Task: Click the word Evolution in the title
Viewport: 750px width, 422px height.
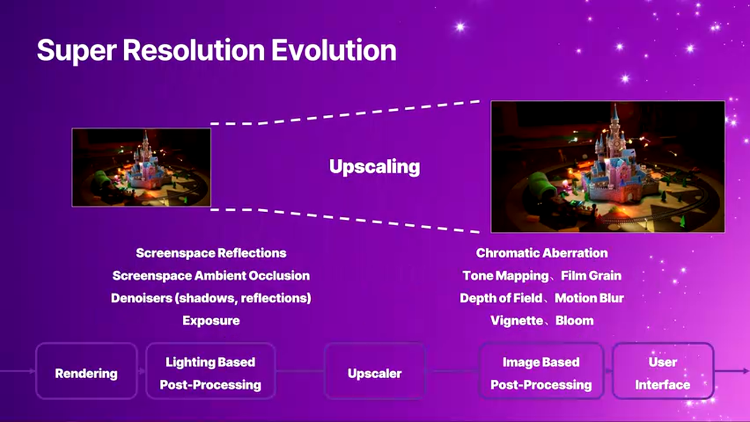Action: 334,50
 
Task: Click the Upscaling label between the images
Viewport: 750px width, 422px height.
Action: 374,167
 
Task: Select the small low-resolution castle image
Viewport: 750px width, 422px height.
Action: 141,168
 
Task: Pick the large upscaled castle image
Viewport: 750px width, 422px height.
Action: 608,166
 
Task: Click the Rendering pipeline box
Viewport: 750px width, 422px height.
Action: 86,371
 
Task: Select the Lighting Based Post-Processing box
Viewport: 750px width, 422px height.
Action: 210,371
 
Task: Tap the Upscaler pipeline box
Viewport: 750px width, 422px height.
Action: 374,371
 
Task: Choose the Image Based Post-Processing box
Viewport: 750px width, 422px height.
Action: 541,371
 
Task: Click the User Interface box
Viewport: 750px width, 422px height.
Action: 663,371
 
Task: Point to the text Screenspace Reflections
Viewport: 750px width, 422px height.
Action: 211,253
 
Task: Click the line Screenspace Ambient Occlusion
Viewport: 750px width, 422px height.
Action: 211,275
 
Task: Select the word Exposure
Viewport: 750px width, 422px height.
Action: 211,321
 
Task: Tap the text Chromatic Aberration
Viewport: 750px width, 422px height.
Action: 542,253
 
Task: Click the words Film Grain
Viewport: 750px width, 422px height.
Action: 591,275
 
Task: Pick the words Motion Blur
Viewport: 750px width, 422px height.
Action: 589,298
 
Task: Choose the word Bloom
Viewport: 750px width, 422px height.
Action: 575,321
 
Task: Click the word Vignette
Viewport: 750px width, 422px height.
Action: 517,321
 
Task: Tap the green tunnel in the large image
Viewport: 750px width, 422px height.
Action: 540,187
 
